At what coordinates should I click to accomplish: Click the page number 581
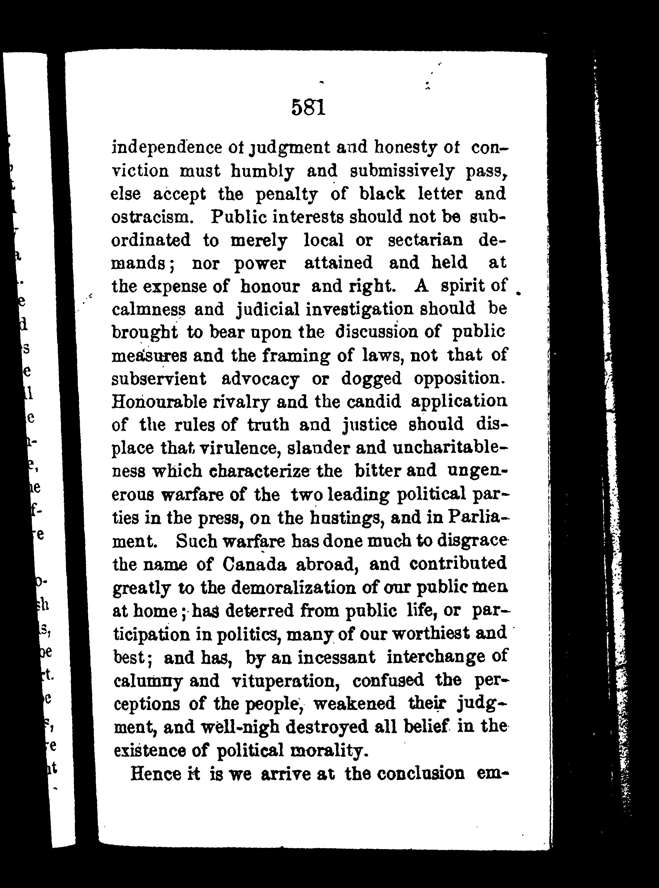pyautogui.click(x=308, y=107)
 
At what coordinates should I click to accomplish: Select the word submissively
pyautogui.click(x=402, y=171)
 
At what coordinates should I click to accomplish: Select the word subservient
pyautogui.click(x=159, y=379)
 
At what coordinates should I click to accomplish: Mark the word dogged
pyautogui.click(x=371, y=379)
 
